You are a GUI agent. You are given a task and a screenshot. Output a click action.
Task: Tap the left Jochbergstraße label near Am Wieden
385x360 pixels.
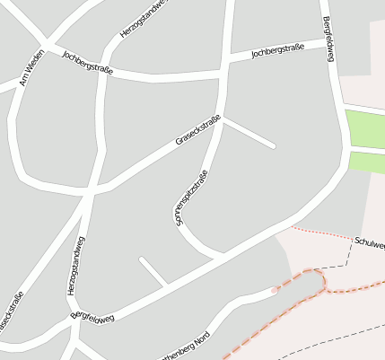click(87, 62)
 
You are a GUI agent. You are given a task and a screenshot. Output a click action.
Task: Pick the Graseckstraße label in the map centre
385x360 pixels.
click(197, 130)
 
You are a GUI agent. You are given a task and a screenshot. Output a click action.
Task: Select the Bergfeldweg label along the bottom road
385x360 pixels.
click(93, 317)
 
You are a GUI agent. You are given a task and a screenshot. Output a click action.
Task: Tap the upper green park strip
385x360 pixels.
click(365, 128)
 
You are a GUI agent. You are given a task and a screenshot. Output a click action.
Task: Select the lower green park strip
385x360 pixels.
click(367, 162)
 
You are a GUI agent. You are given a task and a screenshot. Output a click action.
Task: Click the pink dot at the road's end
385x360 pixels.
click(275, 290)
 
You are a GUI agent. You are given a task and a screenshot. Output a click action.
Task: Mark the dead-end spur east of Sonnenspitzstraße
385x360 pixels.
click(250, 134)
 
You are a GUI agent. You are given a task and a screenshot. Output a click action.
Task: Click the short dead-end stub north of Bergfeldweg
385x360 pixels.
click(153, 271)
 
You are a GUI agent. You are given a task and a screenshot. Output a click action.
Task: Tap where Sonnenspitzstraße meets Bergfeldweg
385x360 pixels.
click(221, 256)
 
